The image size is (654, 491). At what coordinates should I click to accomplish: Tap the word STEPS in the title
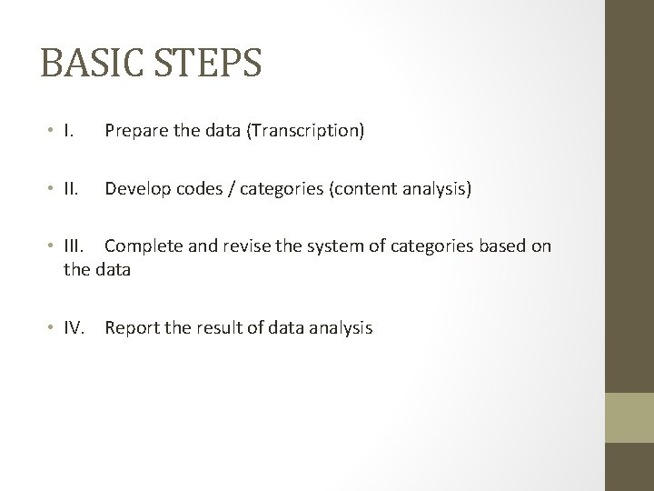pos(210,64)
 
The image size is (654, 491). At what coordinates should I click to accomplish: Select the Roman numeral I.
pos(68,131)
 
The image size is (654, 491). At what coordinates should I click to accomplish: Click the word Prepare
pos(134,131)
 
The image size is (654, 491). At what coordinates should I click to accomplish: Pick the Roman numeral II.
pos(71,189)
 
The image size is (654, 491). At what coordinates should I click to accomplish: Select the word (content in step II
pos(362,189)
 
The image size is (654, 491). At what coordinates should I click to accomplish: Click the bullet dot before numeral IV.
pos(51,328)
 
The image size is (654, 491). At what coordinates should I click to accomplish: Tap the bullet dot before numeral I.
pos(51,132)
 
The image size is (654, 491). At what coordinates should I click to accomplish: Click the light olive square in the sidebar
pos(629,418)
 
